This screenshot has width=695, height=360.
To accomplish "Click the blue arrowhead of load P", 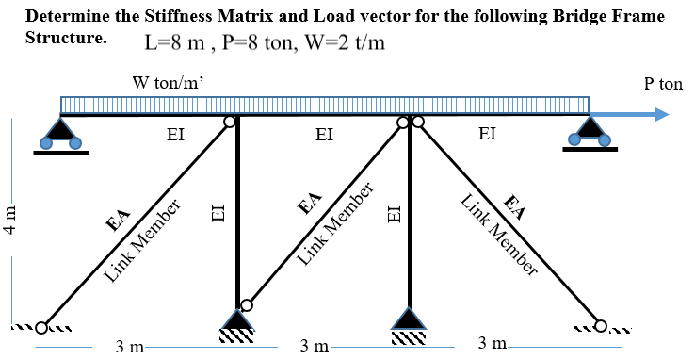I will (x=661, y=115).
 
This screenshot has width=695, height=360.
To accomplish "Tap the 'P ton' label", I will (x=663, y=84).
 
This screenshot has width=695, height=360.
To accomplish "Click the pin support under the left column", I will (x=236, y=321).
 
